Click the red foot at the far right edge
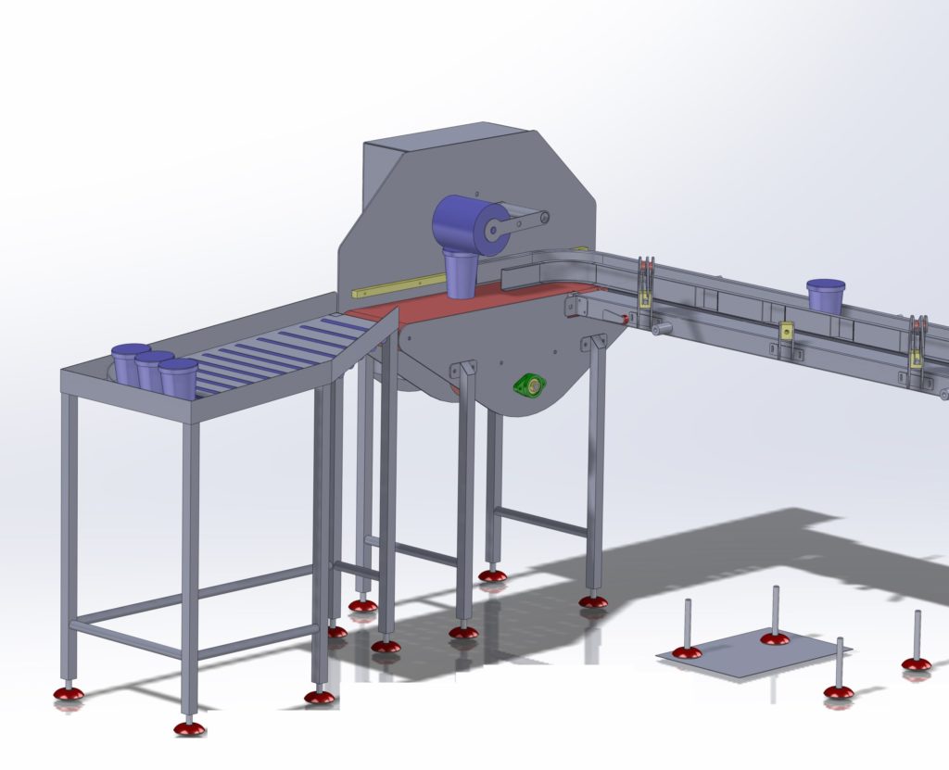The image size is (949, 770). [x=917, y=663]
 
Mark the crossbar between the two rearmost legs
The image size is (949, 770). [x=541, y=521]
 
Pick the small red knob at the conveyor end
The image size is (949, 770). [x=626, y=320]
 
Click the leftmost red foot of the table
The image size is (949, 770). [x=67, y=692]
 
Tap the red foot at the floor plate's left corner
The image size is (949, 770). [x=687, y=652]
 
